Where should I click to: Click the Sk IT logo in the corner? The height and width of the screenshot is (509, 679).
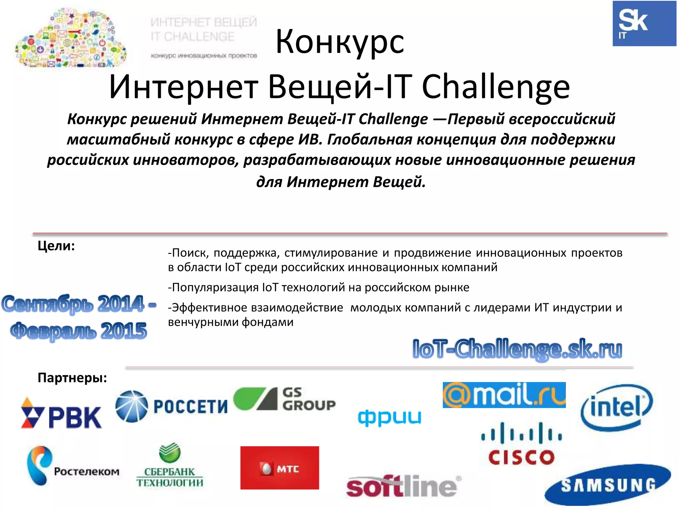[644, 24]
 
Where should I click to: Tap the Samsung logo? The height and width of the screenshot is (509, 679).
[607, 485]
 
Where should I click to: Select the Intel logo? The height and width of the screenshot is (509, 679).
[616, 407]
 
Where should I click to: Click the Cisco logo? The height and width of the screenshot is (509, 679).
[522, 443]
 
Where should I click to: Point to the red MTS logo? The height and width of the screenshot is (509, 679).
[279, 468]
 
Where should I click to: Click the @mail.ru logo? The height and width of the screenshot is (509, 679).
[504, 395]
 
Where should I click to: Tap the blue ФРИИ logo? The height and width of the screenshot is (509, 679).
[390, 417]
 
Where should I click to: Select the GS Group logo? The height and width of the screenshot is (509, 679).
[284, 399]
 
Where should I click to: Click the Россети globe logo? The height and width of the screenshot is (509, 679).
[132, 406]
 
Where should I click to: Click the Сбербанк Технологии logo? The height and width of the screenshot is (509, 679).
[170, 466]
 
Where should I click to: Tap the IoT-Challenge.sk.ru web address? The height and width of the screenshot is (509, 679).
[517, 349]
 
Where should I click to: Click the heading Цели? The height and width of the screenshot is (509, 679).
[56, 246]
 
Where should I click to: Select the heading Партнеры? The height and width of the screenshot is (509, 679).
[72, 378]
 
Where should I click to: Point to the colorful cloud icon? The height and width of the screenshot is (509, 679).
[71, 38]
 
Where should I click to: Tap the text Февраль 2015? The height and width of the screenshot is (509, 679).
[79, 331]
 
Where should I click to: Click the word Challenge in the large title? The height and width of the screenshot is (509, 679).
[496, 87]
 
